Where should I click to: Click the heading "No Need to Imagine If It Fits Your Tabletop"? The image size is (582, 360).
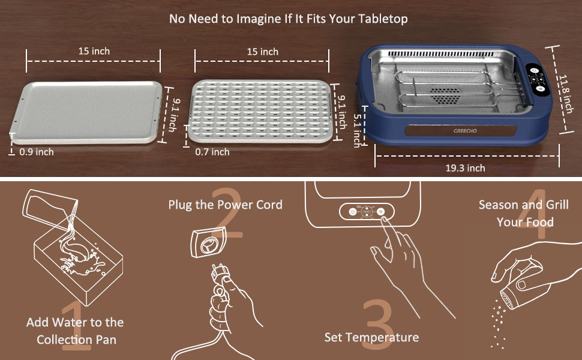click(x=289, y=19)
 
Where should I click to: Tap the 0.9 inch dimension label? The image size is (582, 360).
click(x=37, y=152)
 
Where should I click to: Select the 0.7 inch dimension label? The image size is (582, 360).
click(x=212, y=152)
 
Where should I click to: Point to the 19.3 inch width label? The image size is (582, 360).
click(x=465, y=168)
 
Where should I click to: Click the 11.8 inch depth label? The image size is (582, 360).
click(x=566, y=94)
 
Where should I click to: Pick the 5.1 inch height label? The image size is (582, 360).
click(x=358, y=130)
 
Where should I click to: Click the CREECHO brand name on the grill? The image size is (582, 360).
click(x=465, y=131)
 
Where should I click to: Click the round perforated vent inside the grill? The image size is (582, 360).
click(x=444, y=95)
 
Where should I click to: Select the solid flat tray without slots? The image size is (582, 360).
click(x=86, y=112)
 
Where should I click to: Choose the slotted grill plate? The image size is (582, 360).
click(x=260, y=112)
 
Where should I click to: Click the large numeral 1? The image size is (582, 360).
click(x=76, y=326)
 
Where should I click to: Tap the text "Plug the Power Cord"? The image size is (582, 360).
click(x=226, y=205)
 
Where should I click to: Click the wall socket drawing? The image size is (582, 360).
click(x=208, y=243)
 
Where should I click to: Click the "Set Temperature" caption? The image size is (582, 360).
click(x=371, y=337)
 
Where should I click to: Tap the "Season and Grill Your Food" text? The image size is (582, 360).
click(x=524, y=214)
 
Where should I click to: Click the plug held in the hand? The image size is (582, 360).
click(x=220, y=275)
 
